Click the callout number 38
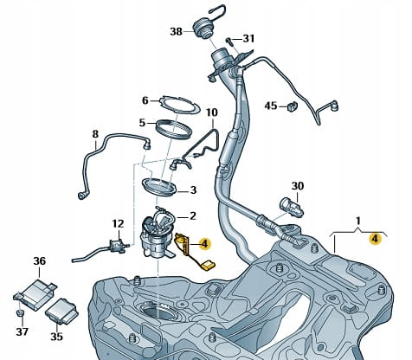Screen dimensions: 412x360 pyautogui.click(x=176, y=31)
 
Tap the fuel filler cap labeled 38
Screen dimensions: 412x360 pyautogui.click(x=203, y=28)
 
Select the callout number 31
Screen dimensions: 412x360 pyautogui.click(x=248, y=38)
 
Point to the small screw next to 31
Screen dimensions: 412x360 pyautogui.click(x=229, y=41)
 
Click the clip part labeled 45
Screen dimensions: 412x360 pyautogui.click(x=292, y=106)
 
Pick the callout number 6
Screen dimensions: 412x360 pyautogui.click(x=145, y=100)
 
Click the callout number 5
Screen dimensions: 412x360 pyautogui.click(x=142, y=123)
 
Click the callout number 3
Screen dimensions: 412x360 pyautogui.click(x=193, y=190)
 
